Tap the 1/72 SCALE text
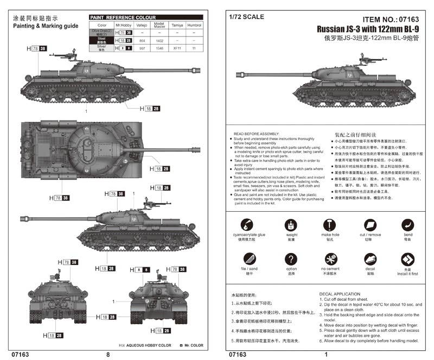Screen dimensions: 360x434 point(247,17)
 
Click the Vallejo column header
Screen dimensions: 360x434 point(141,25)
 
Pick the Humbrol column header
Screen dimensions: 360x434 point(194,25)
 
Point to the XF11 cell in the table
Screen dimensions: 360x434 point(177,48)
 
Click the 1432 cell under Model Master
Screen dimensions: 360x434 point(159,40)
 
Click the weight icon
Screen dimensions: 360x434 point(291,225)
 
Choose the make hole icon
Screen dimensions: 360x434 point(330,225)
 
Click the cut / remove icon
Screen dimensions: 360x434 point(369,225)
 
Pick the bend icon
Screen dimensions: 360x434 point(407,225)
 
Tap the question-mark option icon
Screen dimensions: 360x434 point(291,259)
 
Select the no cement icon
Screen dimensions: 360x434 point(330,259)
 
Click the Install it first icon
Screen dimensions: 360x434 point(407,259)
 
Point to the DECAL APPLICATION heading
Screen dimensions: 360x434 point(340,294)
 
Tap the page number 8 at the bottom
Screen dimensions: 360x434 point(108,354)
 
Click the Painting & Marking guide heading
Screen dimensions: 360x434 point(46,26)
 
